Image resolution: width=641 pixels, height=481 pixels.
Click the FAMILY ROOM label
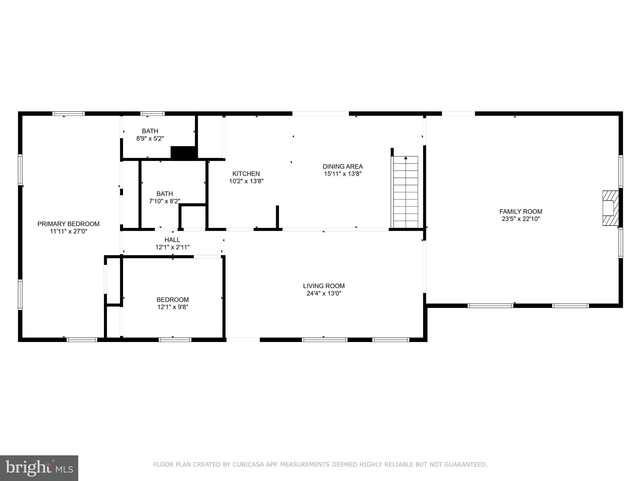520,211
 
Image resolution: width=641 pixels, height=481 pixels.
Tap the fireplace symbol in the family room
610,208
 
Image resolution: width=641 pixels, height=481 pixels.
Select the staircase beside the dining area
406,192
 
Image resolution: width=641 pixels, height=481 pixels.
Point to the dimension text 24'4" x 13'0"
324,293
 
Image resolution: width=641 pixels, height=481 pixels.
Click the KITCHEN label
246,173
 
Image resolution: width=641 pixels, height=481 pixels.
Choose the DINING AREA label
343,166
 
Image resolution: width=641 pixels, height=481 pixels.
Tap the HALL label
172,240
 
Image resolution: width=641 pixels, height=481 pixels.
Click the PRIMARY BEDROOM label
68,224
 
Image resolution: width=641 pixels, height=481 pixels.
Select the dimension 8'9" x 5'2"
150,138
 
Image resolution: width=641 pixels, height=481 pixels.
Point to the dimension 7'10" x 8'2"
165,201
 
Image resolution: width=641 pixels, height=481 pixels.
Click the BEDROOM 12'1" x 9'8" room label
172,300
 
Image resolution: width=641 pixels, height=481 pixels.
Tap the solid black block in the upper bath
184,153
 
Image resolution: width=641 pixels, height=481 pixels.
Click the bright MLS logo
39,468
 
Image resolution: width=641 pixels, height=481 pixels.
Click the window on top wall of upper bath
152,114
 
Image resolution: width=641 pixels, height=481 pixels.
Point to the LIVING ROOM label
324,286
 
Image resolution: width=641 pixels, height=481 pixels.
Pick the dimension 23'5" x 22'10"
520,219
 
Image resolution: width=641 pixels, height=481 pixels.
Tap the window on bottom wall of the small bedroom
175,340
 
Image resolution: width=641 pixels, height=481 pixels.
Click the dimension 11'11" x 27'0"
68,231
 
